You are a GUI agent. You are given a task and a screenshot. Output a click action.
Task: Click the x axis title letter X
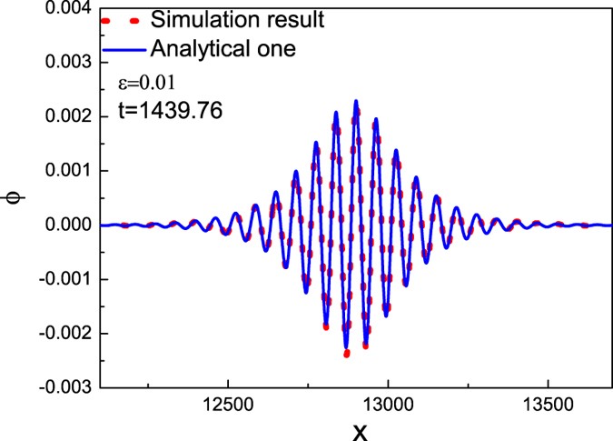pyautogui.click(x=361, y=429)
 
